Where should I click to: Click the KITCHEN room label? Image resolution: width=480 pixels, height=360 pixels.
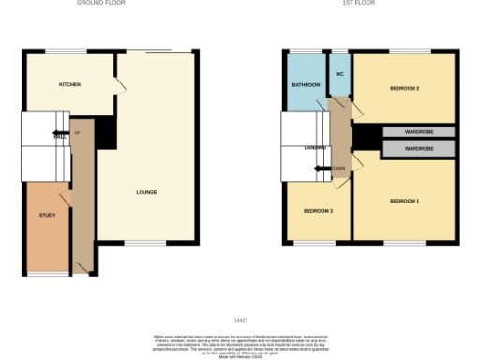point(70,84)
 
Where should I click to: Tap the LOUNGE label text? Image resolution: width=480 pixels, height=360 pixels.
point(145,193)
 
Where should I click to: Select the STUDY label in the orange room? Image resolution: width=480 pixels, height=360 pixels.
point(47,216)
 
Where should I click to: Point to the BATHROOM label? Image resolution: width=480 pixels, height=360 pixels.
point(307,85)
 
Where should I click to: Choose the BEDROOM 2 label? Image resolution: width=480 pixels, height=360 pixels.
point(404,89)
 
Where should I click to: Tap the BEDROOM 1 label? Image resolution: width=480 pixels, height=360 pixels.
point(404,202)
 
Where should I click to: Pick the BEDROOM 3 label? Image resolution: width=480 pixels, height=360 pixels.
point(318,211)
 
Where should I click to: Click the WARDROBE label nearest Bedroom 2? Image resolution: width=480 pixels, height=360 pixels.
point(418,132)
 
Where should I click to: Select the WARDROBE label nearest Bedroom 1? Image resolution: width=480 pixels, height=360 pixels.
point(418,148)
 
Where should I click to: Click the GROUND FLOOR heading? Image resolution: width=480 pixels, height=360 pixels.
point(100,4)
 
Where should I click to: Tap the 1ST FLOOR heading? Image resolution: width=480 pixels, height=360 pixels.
point(359,4)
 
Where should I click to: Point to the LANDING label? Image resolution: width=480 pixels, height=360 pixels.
point(314,147)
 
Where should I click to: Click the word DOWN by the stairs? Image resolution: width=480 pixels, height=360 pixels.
point(339,169)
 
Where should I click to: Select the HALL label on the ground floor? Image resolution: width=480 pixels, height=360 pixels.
point(60,137)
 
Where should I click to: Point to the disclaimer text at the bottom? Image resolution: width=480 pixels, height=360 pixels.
point(239,341)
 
